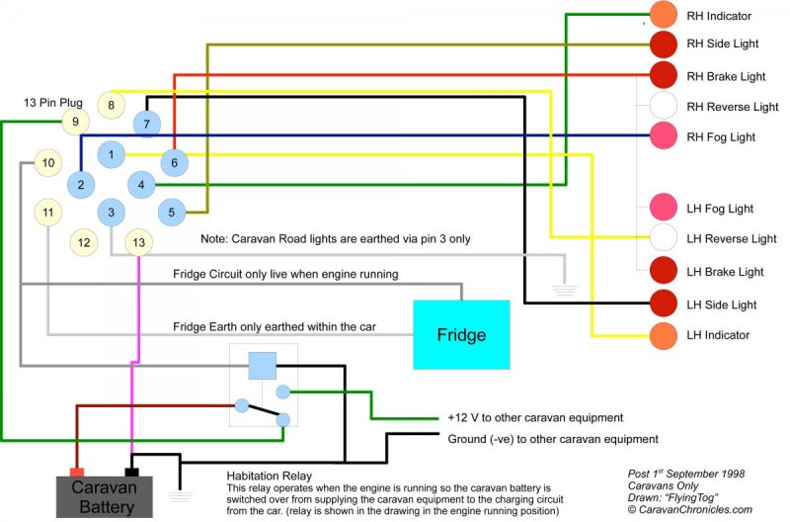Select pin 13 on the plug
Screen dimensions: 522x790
pos(138,241)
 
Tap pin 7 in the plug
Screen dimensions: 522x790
pos(146,124)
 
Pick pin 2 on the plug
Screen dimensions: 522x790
pos(81,184)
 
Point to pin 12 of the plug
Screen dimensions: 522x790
pos(85,241)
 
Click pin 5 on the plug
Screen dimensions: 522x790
pos(171,211)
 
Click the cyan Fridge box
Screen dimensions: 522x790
pos(461,335)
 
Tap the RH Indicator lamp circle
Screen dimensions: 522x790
pos(663,15)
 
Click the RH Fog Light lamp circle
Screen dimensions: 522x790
pos(663,136)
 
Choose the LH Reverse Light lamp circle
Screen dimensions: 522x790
pos(663,238)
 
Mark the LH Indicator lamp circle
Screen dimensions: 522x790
pos(663,335)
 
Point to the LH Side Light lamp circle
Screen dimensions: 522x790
pos(663,304)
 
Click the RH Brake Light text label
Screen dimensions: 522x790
pos(726,76)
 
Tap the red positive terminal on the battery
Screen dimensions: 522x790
pos(75,472)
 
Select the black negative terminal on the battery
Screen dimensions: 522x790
pos(130,472)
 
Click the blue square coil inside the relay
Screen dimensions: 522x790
pos(262,366)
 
